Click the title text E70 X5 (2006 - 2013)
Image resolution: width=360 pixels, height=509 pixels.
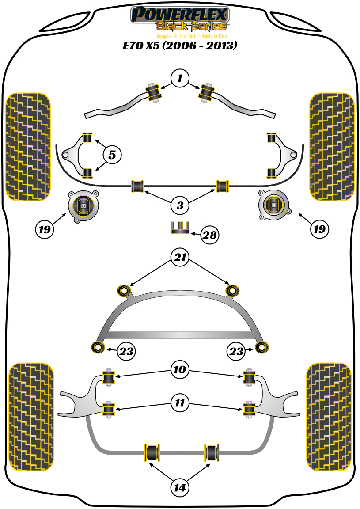(180, 46)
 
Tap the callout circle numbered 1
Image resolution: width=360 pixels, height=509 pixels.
(180, 79)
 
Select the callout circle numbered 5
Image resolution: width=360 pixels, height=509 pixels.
(112, 155)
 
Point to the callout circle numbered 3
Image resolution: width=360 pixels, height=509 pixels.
(180, 205)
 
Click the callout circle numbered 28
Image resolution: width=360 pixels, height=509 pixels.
(209, 235)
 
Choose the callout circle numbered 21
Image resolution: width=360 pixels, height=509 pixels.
(180, 258)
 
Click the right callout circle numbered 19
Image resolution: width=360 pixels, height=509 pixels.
(319, 229)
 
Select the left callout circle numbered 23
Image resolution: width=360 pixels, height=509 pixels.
(125, 352)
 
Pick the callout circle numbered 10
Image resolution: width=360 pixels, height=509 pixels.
(180, 369)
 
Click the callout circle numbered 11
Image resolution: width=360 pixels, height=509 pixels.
(180, 403)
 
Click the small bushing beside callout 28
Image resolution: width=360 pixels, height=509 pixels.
(180, 228)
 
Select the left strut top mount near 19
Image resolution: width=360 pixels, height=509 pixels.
(83, 206)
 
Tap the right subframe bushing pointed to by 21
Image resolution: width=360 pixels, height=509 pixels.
(232, 290)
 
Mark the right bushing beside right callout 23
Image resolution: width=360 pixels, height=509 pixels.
(263, 347)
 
